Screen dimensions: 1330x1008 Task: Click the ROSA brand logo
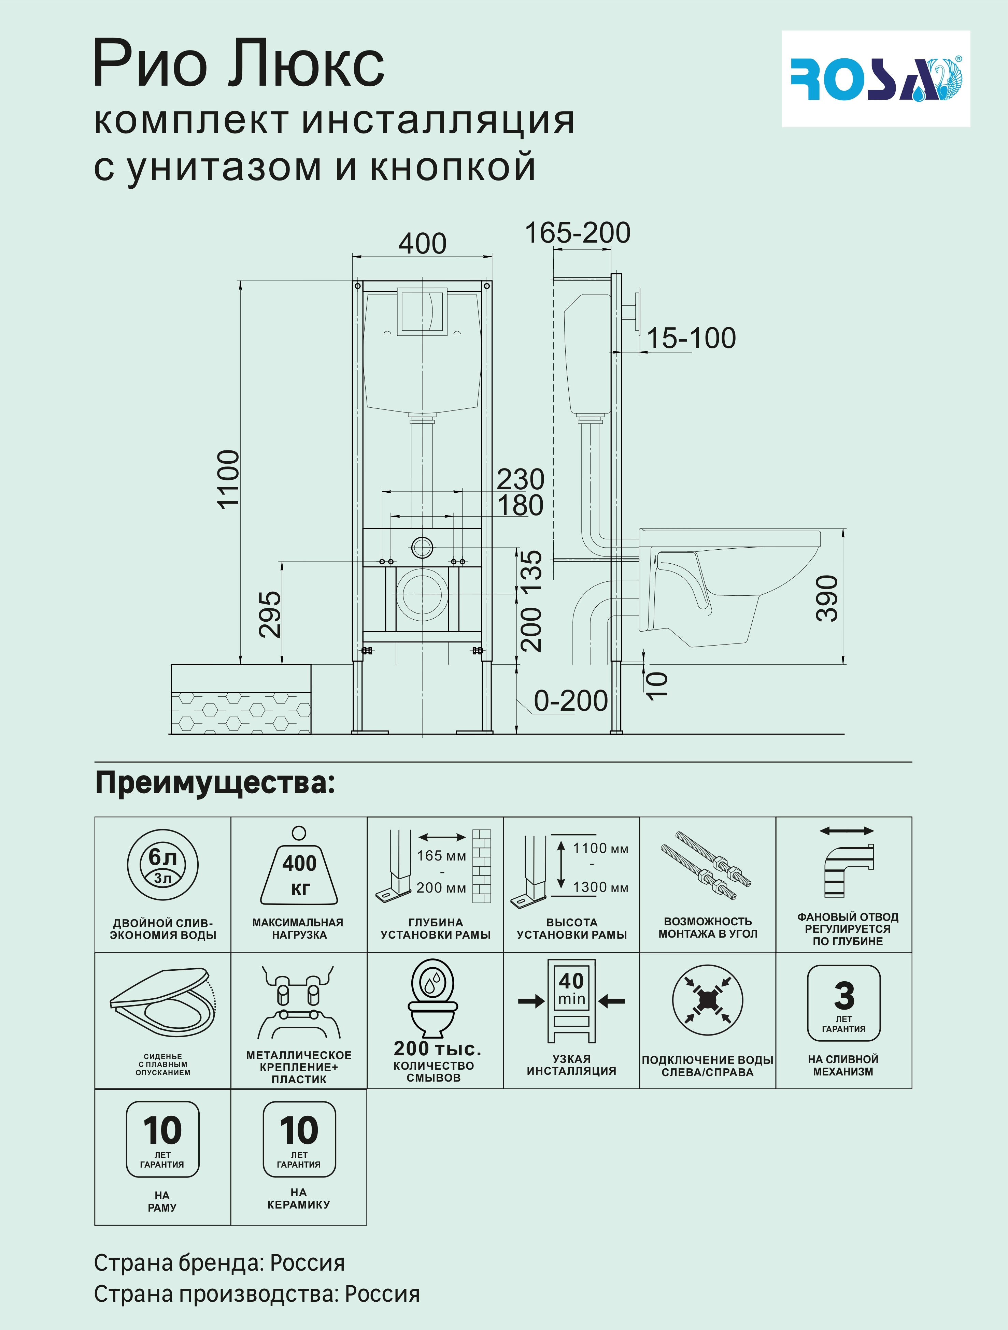click(x=875, y=79)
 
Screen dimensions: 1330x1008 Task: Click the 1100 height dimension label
click(x=229, y=479)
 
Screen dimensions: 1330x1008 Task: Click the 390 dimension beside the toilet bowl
click(x=827, y=598)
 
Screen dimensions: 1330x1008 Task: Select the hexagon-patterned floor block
click(x=241, y=699)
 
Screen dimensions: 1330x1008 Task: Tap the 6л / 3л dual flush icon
click(x=162, y=866)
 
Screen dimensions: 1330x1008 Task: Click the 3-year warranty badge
click(x=843, y=1002)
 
